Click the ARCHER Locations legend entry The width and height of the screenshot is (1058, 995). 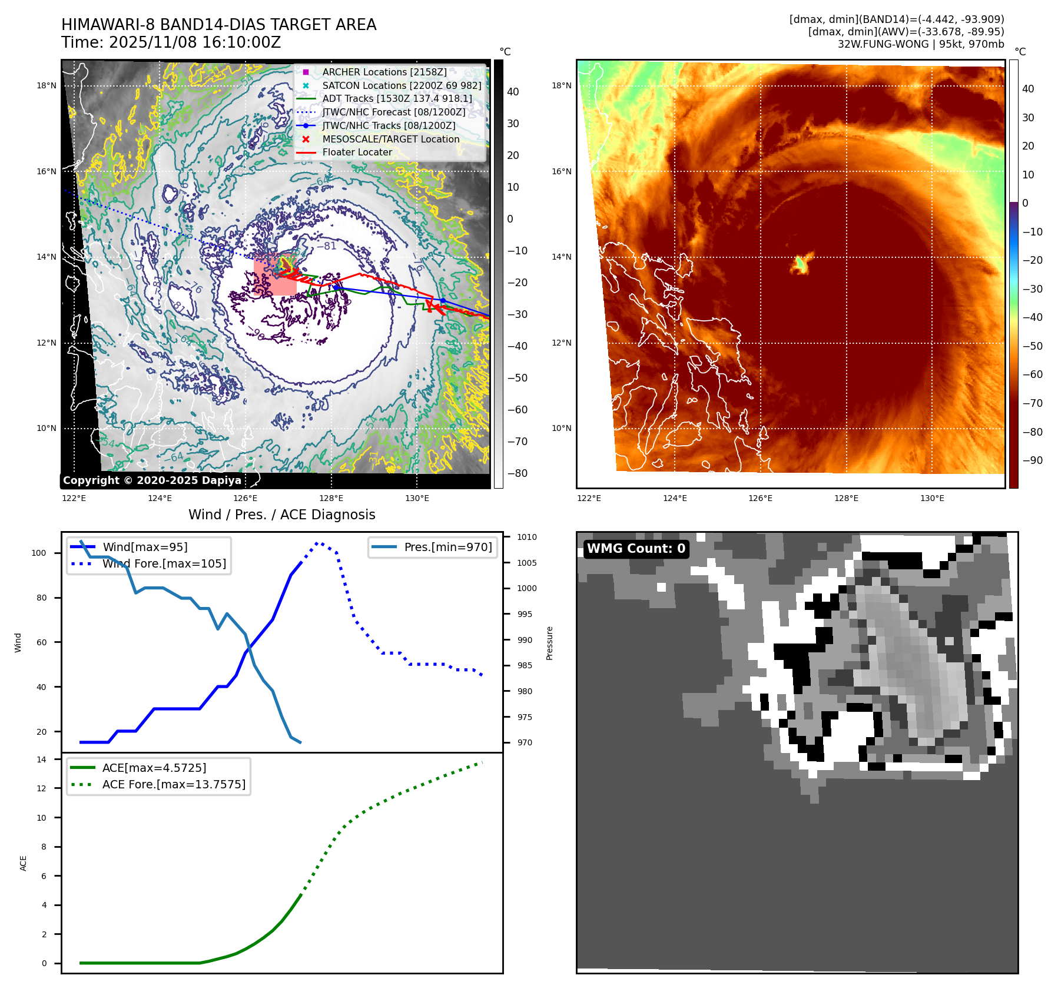click(384, 72)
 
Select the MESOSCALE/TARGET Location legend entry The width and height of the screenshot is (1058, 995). click(390, 139)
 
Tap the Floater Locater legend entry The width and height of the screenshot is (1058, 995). click(357, 152)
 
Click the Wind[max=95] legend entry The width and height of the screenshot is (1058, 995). click(145, 547)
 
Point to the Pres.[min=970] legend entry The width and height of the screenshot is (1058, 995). click(447, 547)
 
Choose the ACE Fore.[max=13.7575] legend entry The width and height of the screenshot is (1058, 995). click(174, 784)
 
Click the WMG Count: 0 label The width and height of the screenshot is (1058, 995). click(636, 549)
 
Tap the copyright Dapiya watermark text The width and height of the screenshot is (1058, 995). click(152, 480)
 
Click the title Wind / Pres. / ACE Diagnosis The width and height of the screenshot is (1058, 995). click(281, 515)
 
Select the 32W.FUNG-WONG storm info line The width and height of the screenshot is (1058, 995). click(921, 44)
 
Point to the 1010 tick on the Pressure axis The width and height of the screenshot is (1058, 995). click(527, 537)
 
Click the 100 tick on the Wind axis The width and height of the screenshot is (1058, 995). click(39, 553)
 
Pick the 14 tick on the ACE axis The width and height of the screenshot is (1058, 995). click(41, 759)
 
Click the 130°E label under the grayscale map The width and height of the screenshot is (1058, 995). click(417, 498)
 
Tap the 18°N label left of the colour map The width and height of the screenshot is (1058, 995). click(561, 85)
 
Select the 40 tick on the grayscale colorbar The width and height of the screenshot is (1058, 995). click(513, 92)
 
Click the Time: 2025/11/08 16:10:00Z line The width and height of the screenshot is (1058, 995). click(171, 42)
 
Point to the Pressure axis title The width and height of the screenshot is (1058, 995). click(549, 643)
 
